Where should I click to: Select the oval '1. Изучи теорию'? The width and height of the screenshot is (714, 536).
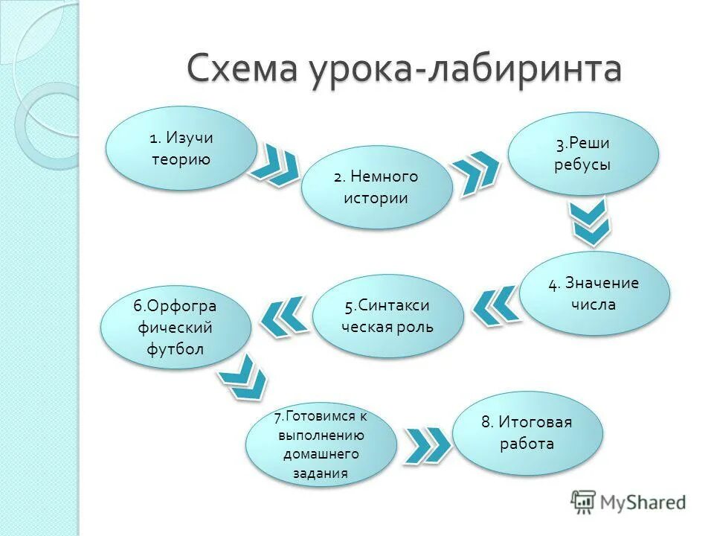[x=181, y=148]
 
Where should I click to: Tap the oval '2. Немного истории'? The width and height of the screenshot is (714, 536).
[x=376, y=187]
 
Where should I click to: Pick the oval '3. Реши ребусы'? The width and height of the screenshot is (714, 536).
[x=582, y=153]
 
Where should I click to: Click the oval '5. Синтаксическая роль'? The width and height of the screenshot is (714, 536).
[x=387, y=316]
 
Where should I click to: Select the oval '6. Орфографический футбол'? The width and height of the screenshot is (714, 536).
[x=176, y=328]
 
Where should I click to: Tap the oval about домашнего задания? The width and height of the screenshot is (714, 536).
[x=321, y=444]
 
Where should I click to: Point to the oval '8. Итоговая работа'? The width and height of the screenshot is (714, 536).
[x=527, y=433]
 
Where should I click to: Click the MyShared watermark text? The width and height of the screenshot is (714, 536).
[x=643, y=502]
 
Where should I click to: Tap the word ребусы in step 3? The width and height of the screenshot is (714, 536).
[x=582, y=165]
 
